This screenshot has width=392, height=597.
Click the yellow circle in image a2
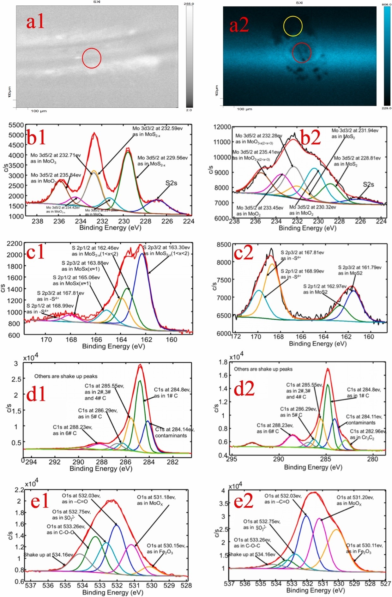click(x=293, y=26)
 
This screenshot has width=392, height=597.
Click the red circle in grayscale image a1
click(x=92, y=58)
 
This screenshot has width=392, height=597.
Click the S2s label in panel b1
click(x=171, y=183)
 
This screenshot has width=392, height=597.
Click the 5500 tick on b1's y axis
click(x=16, y=125)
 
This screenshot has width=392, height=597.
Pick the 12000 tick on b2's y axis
click(x=222, y=127)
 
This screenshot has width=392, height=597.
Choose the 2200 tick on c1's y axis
click(x=15, y=244)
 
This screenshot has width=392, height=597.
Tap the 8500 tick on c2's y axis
click(x=224, y=244)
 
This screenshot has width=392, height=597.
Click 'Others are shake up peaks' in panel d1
click(x=66, y=376)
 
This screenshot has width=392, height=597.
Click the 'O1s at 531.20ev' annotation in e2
click(x=355, y=497)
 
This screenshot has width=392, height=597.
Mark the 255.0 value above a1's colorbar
click(x=189, y=4)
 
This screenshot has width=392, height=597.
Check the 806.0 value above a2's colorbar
click(x=387, y=4)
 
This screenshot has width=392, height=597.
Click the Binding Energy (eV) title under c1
click(x=113, y=346)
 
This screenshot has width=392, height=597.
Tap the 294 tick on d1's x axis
click(x=31, y=462)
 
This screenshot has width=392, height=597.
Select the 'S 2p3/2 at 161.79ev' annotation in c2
click(x=359, y=267)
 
